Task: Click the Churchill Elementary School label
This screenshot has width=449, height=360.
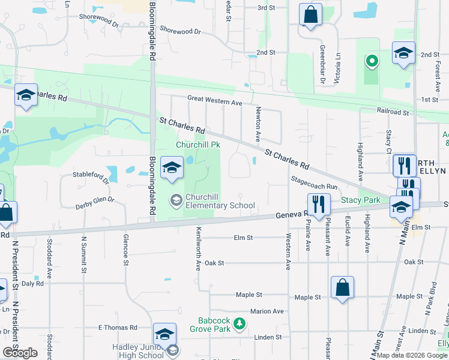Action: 220,201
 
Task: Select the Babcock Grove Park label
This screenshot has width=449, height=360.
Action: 214,325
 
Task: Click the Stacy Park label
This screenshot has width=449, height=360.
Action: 361,200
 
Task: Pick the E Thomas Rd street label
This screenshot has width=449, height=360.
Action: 118,328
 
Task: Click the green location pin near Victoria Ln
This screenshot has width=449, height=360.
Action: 372,61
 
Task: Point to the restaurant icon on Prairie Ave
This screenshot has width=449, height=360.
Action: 319,204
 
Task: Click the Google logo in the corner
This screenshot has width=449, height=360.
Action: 20,353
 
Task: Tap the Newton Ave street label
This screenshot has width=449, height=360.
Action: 258,124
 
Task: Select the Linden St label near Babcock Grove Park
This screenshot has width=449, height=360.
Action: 264,338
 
